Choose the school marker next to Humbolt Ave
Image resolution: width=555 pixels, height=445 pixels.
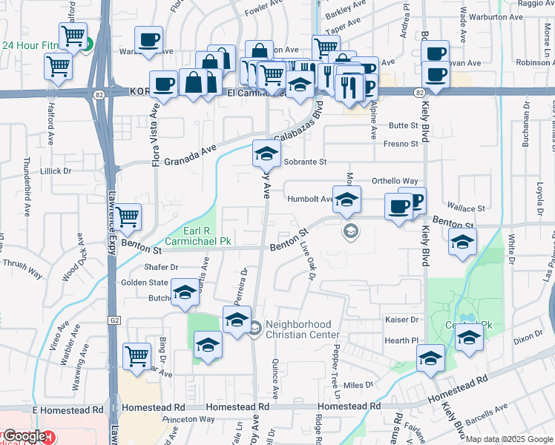[347, 200]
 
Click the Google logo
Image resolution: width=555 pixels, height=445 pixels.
[24, 436]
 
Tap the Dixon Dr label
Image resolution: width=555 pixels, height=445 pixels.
[528, 335]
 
